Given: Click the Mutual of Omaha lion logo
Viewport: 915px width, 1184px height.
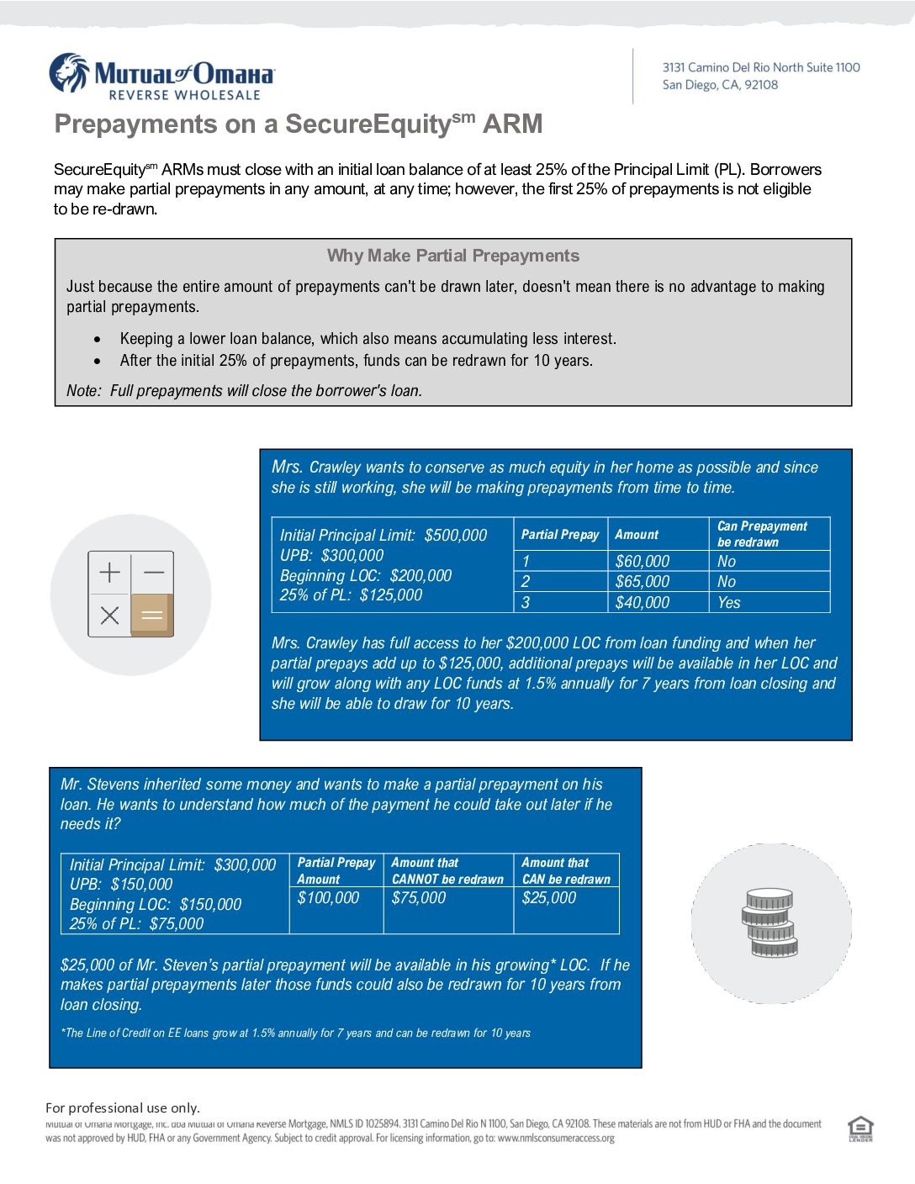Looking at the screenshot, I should (x=69, y=73).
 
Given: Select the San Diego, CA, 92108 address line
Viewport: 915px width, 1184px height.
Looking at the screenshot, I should (x=720, y=85).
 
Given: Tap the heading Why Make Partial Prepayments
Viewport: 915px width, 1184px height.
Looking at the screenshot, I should (x=452, y=256).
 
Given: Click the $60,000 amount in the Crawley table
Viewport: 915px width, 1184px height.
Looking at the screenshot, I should (x=643, y=562).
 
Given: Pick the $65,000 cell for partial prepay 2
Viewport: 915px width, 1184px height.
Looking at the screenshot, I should (x=643, y=582).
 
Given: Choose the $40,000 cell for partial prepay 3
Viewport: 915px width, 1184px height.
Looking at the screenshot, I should (x=643, y=603).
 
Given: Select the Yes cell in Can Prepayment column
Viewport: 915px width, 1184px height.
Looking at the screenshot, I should (x=729, y=603).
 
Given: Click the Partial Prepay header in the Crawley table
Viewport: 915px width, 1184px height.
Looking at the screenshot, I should (x=560, y=535).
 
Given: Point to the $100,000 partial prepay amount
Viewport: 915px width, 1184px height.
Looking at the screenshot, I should (x=328, y=898).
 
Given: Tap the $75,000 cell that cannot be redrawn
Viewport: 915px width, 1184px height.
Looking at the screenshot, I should (x=419, y=898).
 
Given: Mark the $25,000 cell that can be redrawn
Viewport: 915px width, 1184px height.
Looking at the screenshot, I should (x=549, y=898).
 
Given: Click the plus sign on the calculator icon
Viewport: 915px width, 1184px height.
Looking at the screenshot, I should (x=110, y=573).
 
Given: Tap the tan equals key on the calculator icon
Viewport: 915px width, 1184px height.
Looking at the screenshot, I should (x=152, y=616).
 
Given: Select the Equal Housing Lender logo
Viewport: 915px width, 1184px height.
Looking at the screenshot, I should (x=860, y=1128).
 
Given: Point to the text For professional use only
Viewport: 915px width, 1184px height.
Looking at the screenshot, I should (x=123, y=1108).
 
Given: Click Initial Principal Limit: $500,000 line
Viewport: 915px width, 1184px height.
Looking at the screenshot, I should (x=383, y=536).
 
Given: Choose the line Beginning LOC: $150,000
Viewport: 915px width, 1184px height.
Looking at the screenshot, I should (x=156, y=905).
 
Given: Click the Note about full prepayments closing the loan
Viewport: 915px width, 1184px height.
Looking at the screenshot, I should (x=244, y=391).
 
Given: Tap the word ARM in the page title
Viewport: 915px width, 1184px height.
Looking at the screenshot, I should (x=512, y=124).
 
